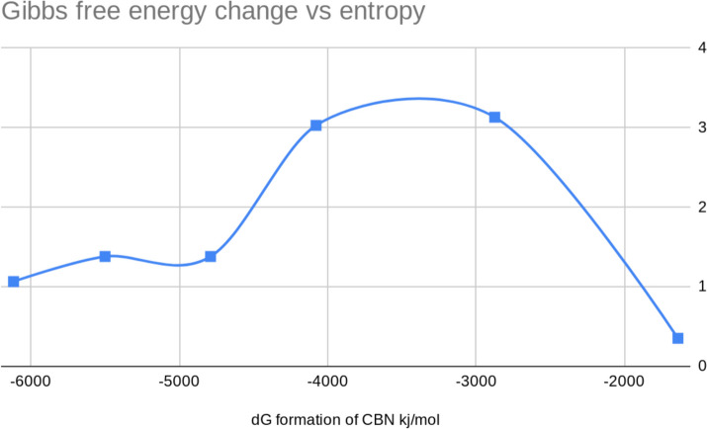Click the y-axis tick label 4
coord(701,46)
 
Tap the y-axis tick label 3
coord(701,127)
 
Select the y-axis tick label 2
coord(701,207)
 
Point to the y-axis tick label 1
coord(701,287)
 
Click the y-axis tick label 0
coord(701,366)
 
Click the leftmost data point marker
coord(14,282)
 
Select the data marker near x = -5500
coord(105,256)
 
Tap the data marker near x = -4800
coord(211,256)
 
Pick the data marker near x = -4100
coord(316,126)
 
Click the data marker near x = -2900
coord(494,117)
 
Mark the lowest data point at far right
coord(678,338)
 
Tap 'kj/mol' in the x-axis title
coord(413,420)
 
